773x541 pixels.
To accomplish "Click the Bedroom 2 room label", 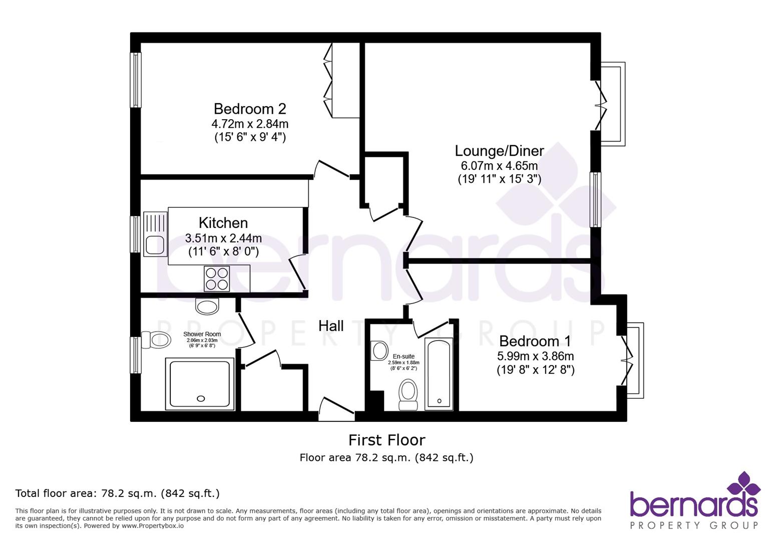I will click(x=249, y=109).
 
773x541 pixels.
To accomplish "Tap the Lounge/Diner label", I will click(x=499, y=151).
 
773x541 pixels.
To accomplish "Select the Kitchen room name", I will click(x=223, y=223).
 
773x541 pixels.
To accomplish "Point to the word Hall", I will click(x=331, y=326).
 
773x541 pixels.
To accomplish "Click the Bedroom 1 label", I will click(x=535, y=341).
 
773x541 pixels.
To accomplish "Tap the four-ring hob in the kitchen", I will click(x=217, y=279).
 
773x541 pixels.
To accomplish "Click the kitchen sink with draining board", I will click(x=155, y=234).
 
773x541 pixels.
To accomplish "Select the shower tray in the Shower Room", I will click(x=200, y=384).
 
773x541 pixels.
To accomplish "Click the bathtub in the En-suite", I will click(x=439, y=374).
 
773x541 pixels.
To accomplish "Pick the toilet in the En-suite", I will click(x=409, y=395).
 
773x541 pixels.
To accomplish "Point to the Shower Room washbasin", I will click(x=207, y=306).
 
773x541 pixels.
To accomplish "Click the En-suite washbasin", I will click(x=379, y=350).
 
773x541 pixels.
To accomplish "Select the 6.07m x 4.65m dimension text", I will click(x=499, y=166).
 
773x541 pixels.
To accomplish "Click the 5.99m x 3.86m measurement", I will click(x=535, y=356).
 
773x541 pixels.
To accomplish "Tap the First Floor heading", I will click(x=386, y=440).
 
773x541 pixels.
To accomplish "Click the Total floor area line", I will click(x=118, y=493).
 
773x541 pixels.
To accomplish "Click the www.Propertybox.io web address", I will click(x=152, y=526).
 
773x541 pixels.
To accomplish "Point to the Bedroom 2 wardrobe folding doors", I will click(x=328, y=80).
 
